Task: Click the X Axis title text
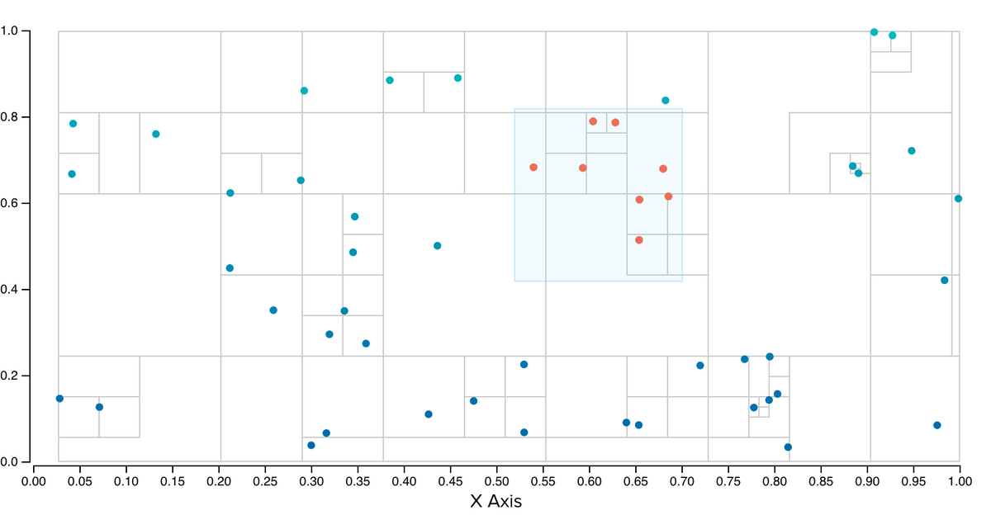coord(495,500)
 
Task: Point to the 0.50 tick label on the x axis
coord(495,477)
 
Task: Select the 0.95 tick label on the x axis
coord(867,477)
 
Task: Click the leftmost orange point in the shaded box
coord(533,168)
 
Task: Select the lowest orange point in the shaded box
coord(639,240)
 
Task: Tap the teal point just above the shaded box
coord(666,101)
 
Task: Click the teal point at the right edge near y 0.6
coord(958,198)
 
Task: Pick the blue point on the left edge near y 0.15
coord(59,399)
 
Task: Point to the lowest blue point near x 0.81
coord(788,447)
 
